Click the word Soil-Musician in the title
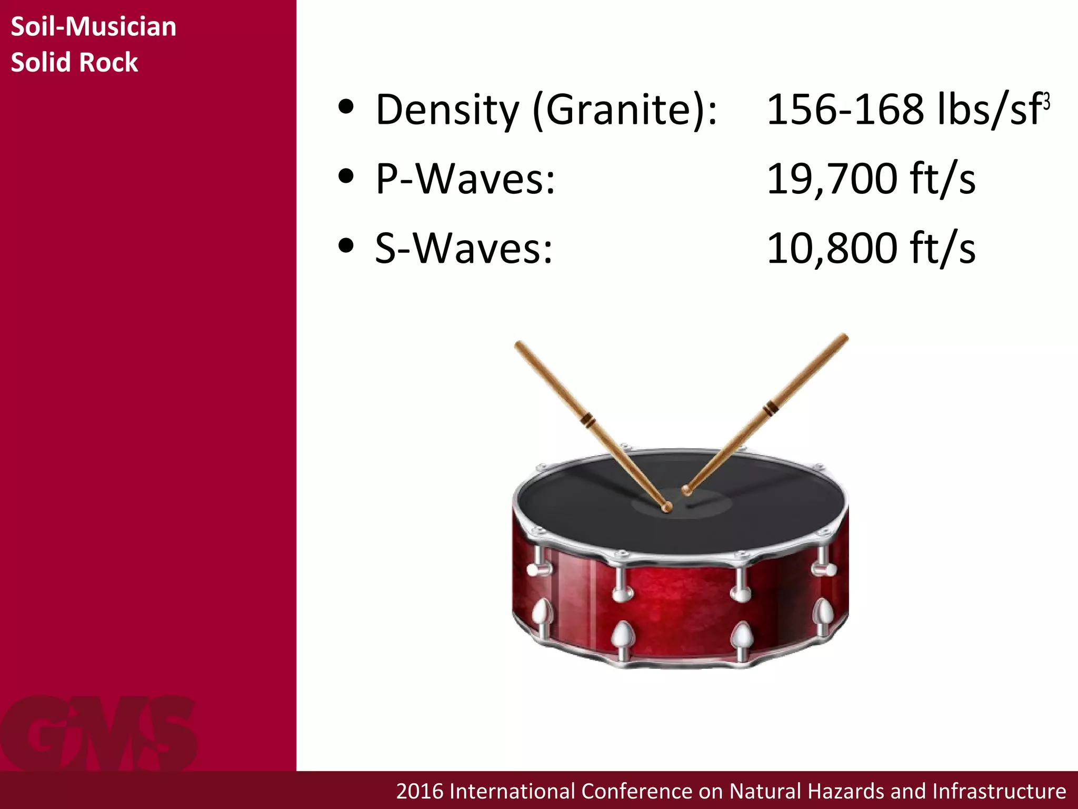tap(93, 26)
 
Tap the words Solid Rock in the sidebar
tap(74, 62)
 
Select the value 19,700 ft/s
tap(871, 179)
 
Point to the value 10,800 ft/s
tap(871, 248)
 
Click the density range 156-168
tap(844, 110)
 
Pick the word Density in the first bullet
tap(447, 111)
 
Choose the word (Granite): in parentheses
tap(625, 111)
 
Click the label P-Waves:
tap(465, 179)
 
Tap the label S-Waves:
tap(464, 248)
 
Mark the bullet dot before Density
tap(346, 107)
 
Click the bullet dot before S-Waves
tap(346, 245)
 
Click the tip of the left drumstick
tap(666, 507)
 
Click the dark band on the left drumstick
tap(587, 420)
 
